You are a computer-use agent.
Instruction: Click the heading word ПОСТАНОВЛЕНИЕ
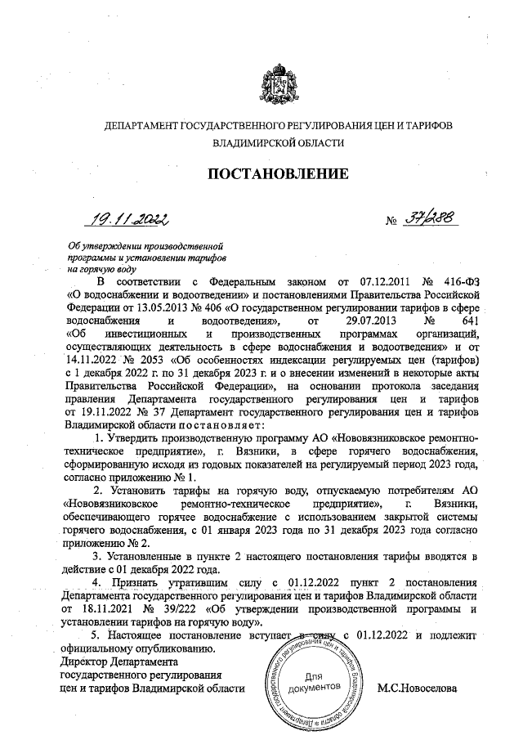(x=277, y=173)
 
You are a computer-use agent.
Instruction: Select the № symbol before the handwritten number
(x=391, y=222)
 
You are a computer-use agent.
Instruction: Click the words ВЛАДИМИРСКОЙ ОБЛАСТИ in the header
(x=277, y=142)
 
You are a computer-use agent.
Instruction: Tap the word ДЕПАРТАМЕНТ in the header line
(x=139, y=125)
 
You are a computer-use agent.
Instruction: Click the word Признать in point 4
(x=133, y=581)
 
